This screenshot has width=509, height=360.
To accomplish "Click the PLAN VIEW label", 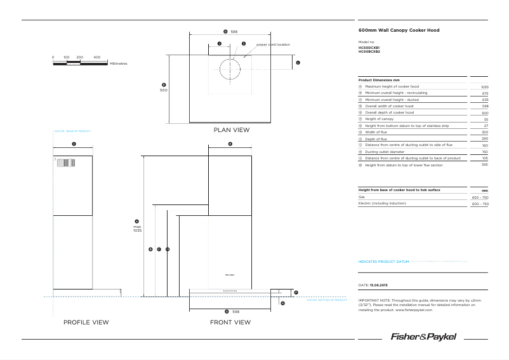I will click(x=232, y=130).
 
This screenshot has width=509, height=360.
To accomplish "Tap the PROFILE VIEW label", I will click(x=86, y=323).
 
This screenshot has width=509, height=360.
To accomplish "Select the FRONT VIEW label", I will click(x=230, y=323).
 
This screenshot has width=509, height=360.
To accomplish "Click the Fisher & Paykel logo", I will click(x=423, y=337).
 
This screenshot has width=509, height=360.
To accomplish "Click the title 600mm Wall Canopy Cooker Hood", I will click(x=399, y=30).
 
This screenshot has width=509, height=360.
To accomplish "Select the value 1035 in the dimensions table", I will click(x=484, y=87).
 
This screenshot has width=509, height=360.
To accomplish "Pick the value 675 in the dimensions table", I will click(x=485, y=93).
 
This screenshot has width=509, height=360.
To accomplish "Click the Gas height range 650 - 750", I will click(x=480, y=197).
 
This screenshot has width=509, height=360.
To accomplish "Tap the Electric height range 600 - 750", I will click(x=480, y=204).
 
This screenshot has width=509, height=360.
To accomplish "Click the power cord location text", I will click(x=273, y=44).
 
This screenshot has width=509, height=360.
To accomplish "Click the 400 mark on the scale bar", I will click(x=97, y=57).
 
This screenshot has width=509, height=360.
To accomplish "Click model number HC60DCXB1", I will click(x=369, y=48).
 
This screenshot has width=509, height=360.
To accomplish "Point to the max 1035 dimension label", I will click(x=136, y=229).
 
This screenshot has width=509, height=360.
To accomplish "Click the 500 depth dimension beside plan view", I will click(x=163, y=90).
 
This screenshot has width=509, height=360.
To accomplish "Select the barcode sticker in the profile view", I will click(x=64, y=163).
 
